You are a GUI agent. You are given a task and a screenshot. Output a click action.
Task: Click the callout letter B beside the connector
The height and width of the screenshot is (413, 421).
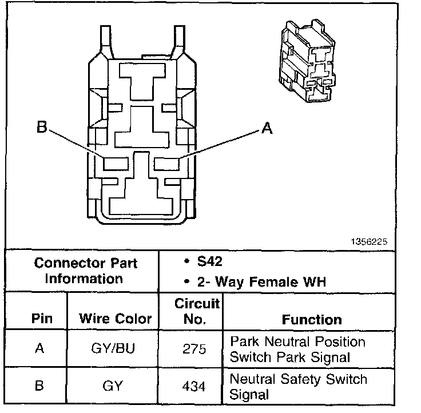(x=41, y=128)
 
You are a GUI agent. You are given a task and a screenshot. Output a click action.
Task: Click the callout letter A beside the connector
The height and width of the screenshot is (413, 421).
(x=266, y=129)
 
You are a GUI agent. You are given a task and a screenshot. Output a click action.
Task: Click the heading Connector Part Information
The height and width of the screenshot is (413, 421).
(x=85, y=271)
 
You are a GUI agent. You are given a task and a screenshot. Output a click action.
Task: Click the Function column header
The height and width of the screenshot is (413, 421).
(x=312, y=319)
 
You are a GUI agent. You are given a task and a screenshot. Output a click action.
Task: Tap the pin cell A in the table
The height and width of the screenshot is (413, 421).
(x=39, y=348)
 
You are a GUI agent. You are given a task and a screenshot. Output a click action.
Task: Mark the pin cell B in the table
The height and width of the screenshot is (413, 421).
(x=39, y=386)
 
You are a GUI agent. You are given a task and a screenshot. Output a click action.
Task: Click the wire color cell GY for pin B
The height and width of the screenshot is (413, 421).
(x=113, y=386)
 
